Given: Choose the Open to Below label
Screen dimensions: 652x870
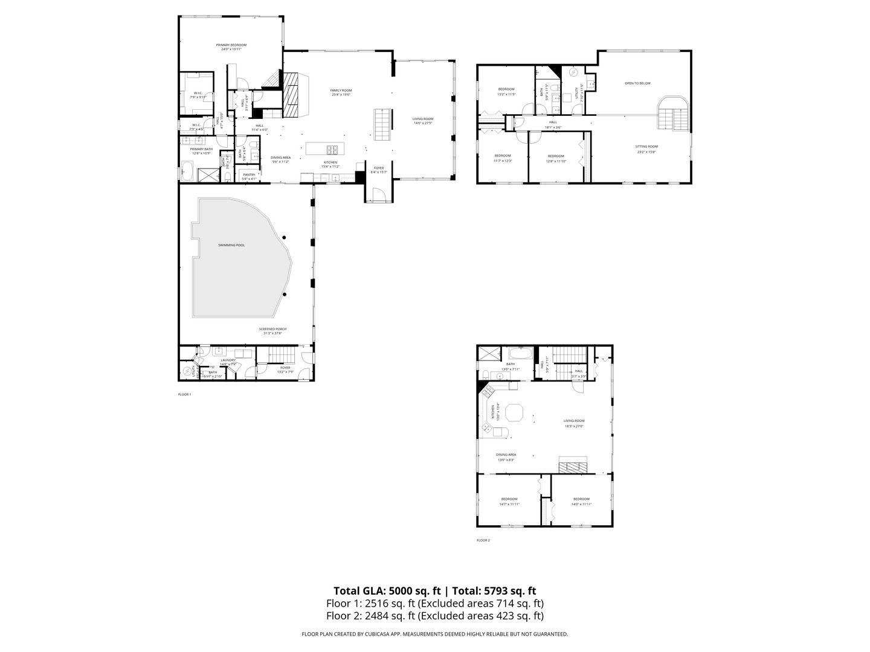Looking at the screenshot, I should pos(637,83).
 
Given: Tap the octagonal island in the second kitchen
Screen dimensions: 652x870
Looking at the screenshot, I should pos(515,413).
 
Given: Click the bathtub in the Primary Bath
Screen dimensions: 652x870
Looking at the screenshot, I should pos(187,174).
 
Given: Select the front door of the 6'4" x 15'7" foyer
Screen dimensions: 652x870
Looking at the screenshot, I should pos(379,195).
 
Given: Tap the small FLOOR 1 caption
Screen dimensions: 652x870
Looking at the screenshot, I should pos(184,394).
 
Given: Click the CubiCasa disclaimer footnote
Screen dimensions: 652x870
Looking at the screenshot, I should pos(434,634).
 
